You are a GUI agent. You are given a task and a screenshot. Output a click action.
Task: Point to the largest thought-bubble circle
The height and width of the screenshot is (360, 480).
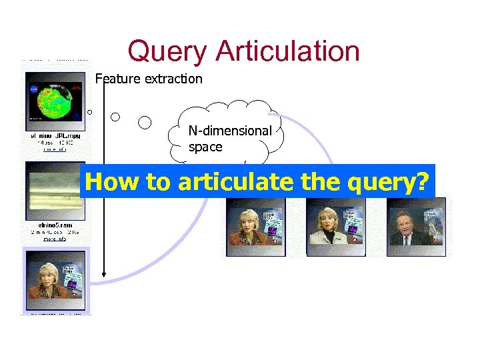(145, 122)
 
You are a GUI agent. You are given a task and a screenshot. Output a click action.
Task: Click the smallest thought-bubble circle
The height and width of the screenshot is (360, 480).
(89, 112)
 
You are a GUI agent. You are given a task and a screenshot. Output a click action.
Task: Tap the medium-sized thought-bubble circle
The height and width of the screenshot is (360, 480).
(115, 117)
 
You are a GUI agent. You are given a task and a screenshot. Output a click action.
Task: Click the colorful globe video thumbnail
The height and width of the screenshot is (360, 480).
(55, 101)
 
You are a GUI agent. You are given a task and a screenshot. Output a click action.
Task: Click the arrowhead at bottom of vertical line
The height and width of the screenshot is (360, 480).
(105, 273)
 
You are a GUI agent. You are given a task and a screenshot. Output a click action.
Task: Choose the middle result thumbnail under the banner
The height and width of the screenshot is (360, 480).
(335, 227)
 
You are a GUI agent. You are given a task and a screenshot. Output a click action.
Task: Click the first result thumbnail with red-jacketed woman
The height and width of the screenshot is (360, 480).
(255, 227)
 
